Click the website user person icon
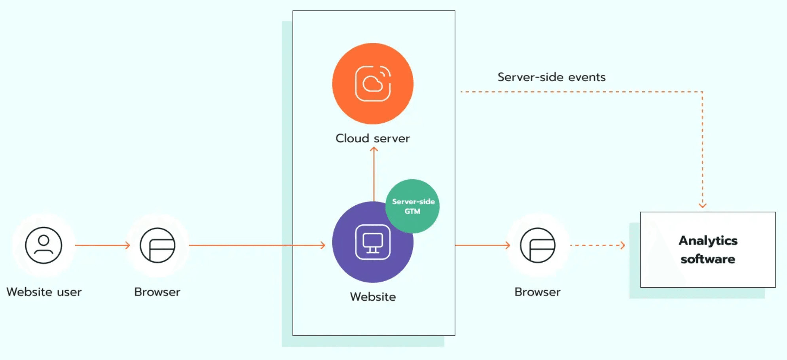(44, 245)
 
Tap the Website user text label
(44, 292)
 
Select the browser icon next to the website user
(157, 245)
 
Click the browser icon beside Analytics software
(537, 245)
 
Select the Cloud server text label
(373, 138)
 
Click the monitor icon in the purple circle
(373, 242)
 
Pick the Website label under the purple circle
(373, 297)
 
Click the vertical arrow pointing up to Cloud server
(374, 174)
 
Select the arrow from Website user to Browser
(102, 245)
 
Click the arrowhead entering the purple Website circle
(322, 245)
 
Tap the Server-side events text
(551, 77)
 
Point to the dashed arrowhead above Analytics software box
(702, 205)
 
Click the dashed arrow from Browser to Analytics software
(597, 245)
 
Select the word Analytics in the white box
(708, 241)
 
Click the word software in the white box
(708, 259)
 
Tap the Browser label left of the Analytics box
(537, 292)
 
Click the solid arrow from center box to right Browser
(483, 245)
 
